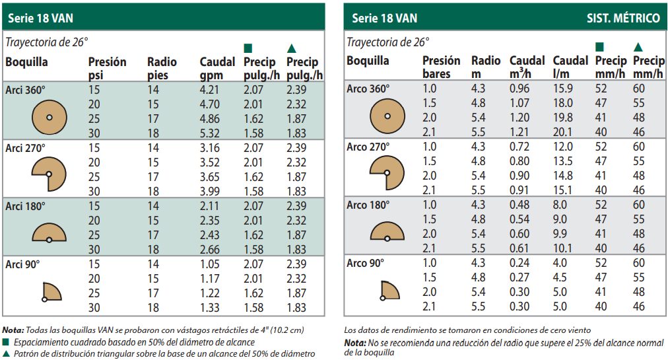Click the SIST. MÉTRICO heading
(623, 18)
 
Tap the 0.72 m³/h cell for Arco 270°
(519, 147)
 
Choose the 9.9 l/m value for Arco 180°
(561, 234)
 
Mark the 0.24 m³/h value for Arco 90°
(519, 263)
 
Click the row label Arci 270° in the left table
(25, 147)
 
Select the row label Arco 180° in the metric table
(366, 205)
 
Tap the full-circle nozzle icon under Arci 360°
(49, 117)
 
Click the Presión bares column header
(442, 67)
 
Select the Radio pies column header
(162, 69)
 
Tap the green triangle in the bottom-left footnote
(6, 353)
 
